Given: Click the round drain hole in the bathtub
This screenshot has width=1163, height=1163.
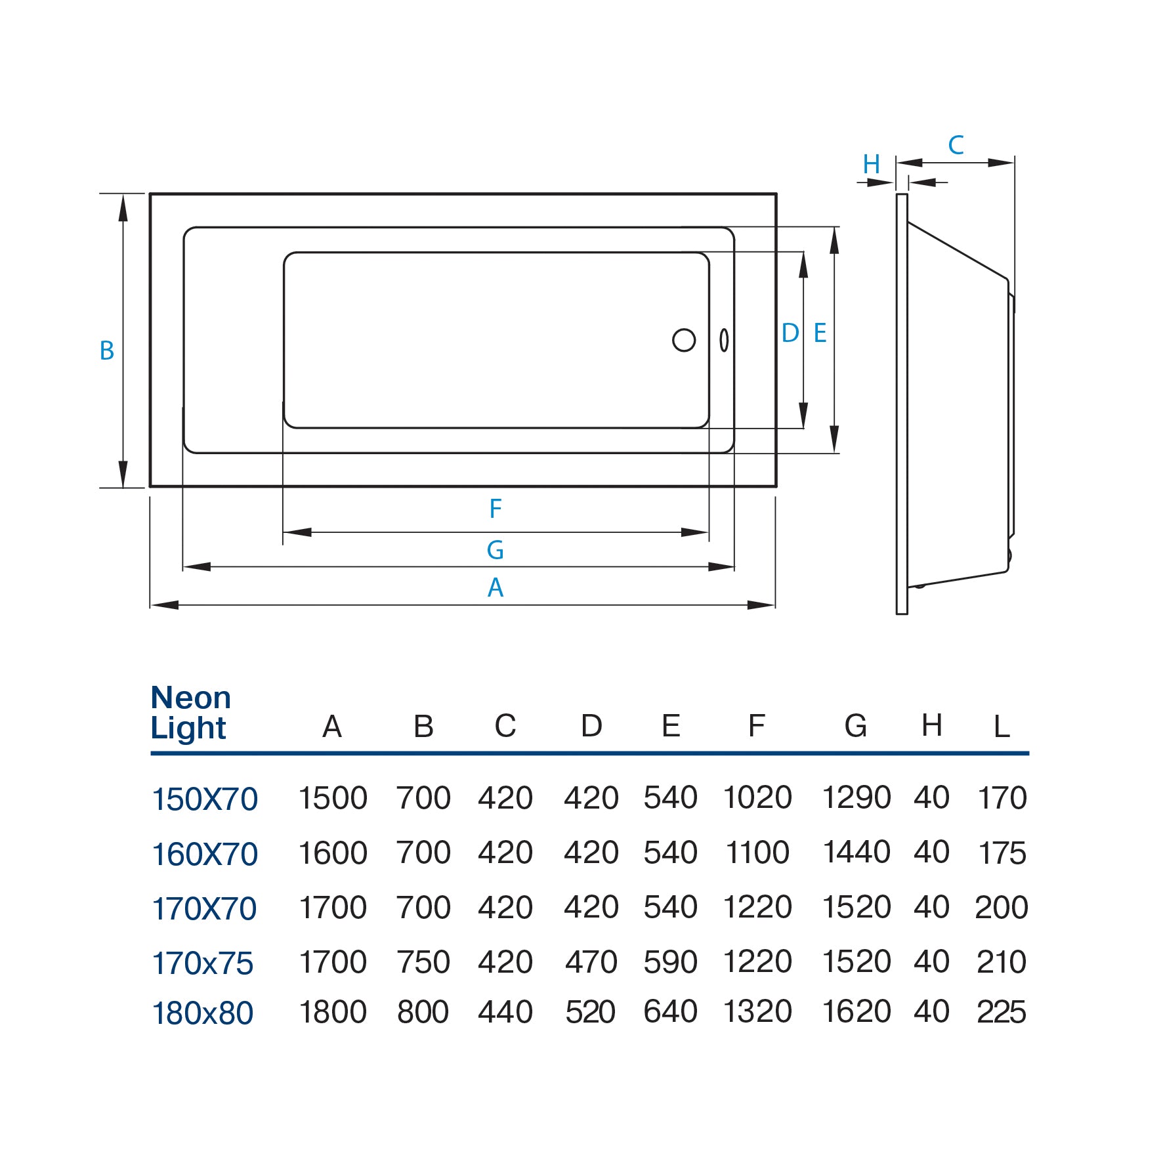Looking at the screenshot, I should pyautogui.click(x=684, y=340).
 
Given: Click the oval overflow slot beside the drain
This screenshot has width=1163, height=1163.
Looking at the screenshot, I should pyautogui.click(x=724, y=340).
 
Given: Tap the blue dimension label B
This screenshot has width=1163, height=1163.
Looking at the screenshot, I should pyautogui.click(x=107, y=350).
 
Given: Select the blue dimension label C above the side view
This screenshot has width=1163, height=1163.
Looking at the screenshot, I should pyautogui.click(x=956, y=145).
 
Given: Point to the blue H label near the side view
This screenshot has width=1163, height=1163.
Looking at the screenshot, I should pyautogui.click(x=872, y=164).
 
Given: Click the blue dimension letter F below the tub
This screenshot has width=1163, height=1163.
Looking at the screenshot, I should pyautogui.click(x=496, y=509).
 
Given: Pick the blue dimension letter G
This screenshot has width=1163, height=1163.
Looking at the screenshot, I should pyautogui.click(x=496, y=550).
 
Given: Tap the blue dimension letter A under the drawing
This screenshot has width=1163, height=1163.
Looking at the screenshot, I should pyautogui.click(x=496, y=587).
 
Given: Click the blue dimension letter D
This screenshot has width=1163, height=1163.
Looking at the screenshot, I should pyautogui.click(x=790, y=333).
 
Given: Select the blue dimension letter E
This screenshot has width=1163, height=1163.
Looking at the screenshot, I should pyautogui.click(x=820, y=333).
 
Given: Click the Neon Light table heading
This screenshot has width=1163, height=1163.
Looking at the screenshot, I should pyautogui.click(x=190, y=713).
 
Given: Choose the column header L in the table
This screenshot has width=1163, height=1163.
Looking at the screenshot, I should pyautogui.click(x=1001, y=727).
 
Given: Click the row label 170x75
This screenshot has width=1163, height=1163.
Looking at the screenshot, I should pyautogui.click(x=203, y=963).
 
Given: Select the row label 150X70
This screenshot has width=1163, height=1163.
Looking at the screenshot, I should pyautogui.click(x=205, y=799).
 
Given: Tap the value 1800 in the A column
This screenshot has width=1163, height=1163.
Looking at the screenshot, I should pyautogui.click(x=333, y=1012).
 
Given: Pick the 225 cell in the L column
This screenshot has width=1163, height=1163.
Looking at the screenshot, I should pyautogui.click(x=1001, y=1012).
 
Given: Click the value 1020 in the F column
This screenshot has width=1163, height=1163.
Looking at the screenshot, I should pyautogui.click(x=757, y=798).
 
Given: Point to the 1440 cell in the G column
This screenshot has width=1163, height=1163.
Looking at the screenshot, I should pyautogui.click(x=856, y=853).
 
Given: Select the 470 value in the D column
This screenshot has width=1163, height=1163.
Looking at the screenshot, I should pyautogui.click(x=591, y=962).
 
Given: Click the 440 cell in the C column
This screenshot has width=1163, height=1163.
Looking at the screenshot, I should pyautogui.click(x=505, y=1012).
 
